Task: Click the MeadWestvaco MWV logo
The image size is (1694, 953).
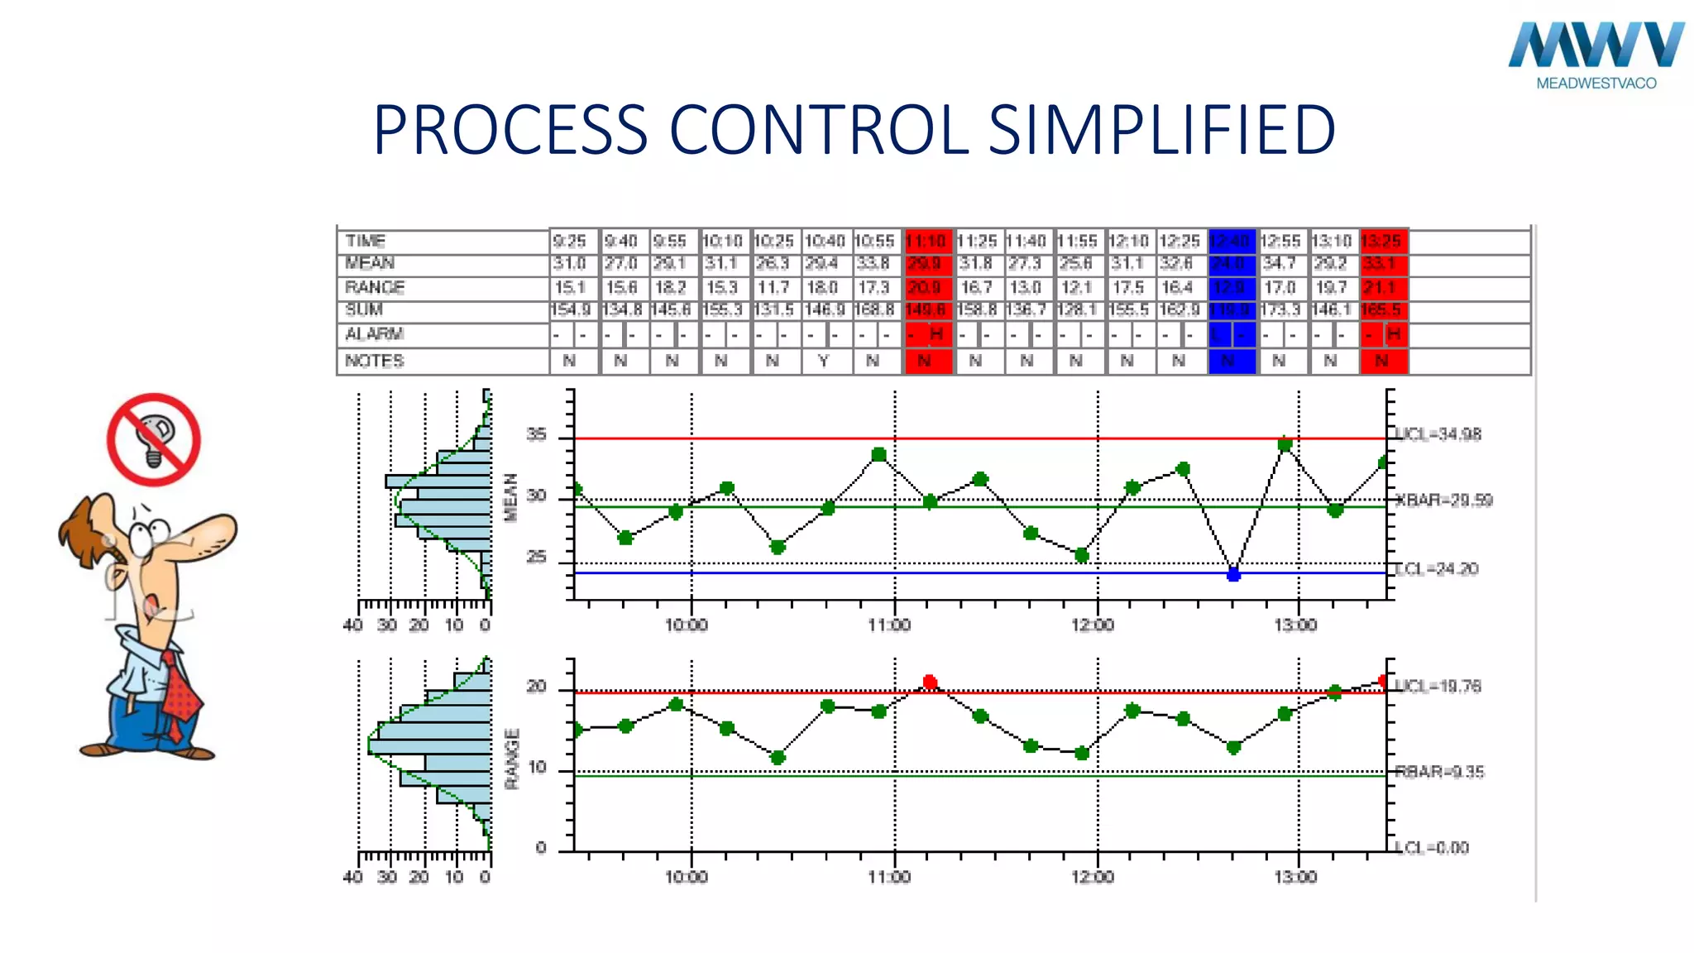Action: [1596, 53]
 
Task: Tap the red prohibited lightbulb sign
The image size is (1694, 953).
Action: [154, 439]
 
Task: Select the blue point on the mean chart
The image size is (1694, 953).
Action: [1233, 574]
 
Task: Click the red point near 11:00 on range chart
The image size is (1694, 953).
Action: [930, 682]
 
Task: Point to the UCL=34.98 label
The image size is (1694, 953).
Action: [1438, 434]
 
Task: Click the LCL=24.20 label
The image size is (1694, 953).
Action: [1436, 569]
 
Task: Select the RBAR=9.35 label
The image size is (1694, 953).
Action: [1439, 772]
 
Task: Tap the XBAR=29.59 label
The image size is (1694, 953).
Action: [1443, 500]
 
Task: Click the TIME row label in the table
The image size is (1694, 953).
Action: [366, 241]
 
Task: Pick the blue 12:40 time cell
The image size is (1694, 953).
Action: [1232, 241]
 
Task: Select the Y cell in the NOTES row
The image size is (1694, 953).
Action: [823, 361]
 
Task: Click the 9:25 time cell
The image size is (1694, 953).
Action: [570, 241]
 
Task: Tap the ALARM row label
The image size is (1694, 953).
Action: [374, 334]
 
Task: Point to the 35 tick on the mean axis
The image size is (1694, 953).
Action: [537, 434]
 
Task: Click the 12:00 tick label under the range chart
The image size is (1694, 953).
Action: [1093, 877]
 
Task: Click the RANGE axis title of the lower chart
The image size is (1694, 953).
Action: [512, 759]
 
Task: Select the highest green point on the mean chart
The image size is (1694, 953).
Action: [1285, 445]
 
